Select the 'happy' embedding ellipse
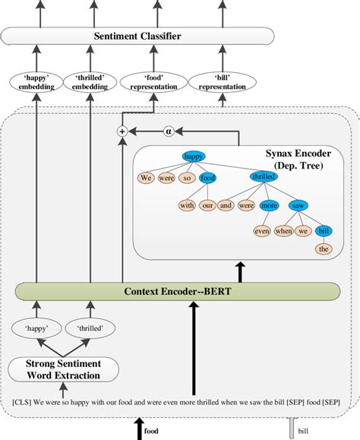tap(36, 81)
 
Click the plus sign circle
tap(122, 131)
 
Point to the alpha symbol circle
tap(171, 131)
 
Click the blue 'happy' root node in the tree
tap(194, 157)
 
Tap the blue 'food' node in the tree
tap(208, 179)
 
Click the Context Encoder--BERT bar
tap(178, 291)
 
